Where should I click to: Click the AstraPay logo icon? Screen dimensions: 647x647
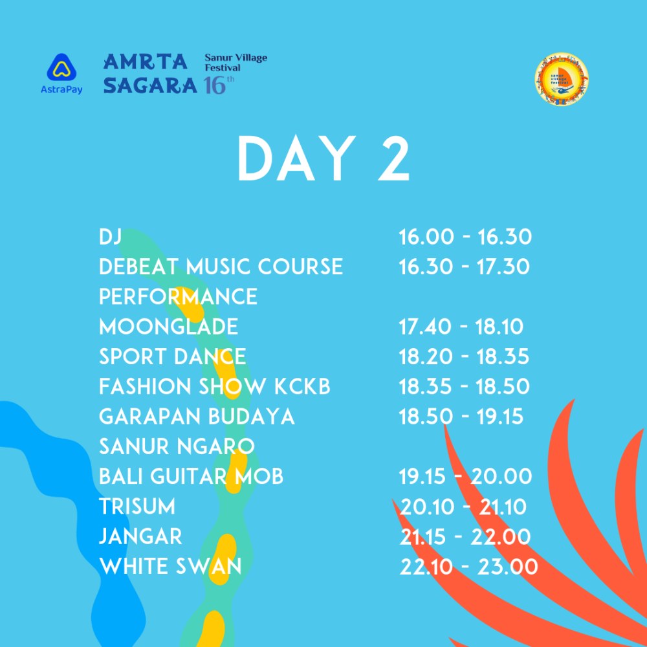(61, 67)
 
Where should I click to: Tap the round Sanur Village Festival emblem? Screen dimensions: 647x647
(562, 78)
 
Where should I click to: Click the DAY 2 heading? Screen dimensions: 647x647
(323, 159)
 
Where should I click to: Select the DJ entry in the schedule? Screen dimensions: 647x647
(110, 236)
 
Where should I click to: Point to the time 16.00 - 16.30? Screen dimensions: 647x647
(465, 237)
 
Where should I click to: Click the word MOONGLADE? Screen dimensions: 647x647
(168, 326)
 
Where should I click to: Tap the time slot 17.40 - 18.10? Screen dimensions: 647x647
(461, 326)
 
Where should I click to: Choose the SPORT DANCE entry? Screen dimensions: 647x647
(173, 356)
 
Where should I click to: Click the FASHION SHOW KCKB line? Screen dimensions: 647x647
(215, 387)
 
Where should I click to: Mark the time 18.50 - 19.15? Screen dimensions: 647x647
(461, 416)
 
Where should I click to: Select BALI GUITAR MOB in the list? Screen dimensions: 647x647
(191, 476)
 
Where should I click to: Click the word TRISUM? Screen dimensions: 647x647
(137, 507)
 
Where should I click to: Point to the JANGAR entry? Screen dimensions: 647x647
(140, 536)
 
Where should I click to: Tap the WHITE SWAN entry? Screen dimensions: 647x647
(170, 566)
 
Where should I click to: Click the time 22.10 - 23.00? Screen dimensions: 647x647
(468, 567)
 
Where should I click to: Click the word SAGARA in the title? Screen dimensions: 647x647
(150, 85)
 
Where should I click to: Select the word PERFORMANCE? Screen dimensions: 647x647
(179, 297)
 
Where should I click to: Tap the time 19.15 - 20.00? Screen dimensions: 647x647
(465, 477)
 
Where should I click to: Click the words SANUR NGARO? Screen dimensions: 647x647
(177, 446)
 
